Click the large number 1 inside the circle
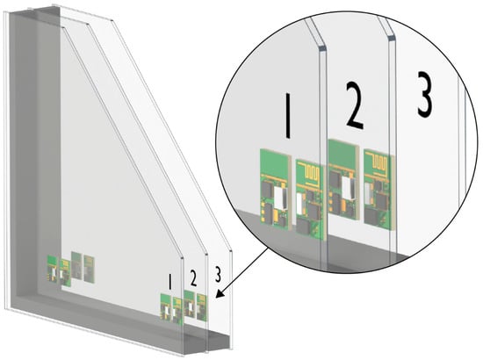click(288, 116)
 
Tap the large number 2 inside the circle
click(354, 105)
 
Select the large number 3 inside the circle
click(425, 94)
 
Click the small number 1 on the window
click(169, 282)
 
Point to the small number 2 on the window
click(193, 278)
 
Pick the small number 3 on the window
click(218, 275)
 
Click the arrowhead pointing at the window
click(220, 294)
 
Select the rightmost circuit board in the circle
click(379, 189)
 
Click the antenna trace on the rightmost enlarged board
click(379, 162)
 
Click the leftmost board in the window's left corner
click(52, 268)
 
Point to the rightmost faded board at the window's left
click(89, 268)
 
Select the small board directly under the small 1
click(166, 307)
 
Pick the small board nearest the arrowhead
click(202, 307)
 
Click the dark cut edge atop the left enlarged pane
click(321, 48)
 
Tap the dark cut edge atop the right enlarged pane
click(392, 38)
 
